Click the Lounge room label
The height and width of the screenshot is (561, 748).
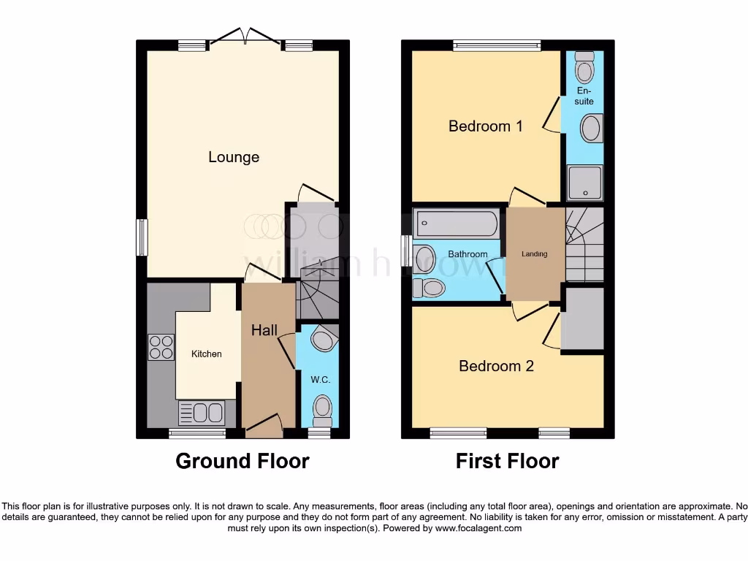click(x=234, y=157)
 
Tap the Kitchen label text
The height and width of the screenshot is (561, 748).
click(x=207, y=354)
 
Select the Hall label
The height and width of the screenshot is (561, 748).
click(x=264, y=330)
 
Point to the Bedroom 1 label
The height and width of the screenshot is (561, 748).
click(x=486, y=126)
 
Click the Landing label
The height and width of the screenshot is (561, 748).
click(x=534, y=254)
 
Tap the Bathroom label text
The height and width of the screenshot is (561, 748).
click(x=467, y=254)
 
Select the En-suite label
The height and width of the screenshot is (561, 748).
click(x=584, y=96)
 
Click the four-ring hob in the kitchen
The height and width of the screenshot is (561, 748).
click(x=161, y=347)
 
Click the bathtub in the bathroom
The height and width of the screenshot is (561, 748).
click(x=457, y=222)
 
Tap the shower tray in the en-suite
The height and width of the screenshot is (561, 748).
click(x=585, y=183)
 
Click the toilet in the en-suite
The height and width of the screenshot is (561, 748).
click(x=584, y=69)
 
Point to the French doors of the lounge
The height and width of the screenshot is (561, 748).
click(x=247, y=37)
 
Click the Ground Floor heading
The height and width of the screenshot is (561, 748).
click(x=243, y=461)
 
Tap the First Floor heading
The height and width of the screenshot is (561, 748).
click(x=507, y=461)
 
